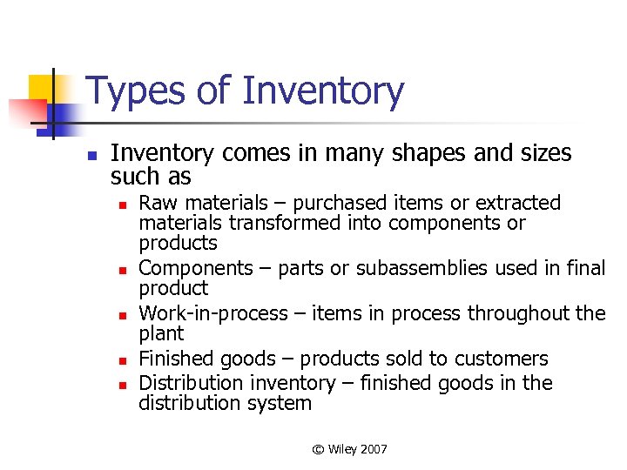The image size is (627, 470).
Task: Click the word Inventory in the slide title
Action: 323,92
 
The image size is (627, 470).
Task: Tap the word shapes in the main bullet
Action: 406,154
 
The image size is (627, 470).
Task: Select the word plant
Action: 161,334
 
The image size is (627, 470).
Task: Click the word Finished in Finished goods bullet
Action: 175,359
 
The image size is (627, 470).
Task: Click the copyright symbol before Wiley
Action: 318,449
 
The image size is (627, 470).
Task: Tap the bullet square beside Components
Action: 125,270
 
